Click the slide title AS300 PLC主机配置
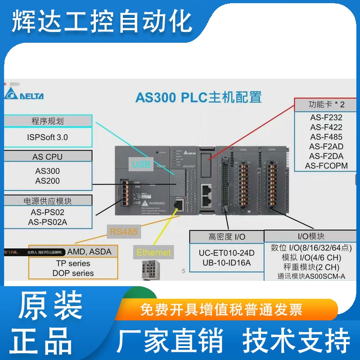(198, 97)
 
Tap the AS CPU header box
(47, 157)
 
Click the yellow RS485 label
(124, 232)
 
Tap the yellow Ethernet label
(154, 252)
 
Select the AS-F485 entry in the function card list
(326, 137)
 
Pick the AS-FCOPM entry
(326, 166)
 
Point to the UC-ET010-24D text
(226, 253)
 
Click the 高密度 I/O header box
(226, 236)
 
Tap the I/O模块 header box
(311, 236)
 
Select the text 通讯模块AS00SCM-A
(311, 276)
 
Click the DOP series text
(73, 273)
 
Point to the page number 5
(183, 271)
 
